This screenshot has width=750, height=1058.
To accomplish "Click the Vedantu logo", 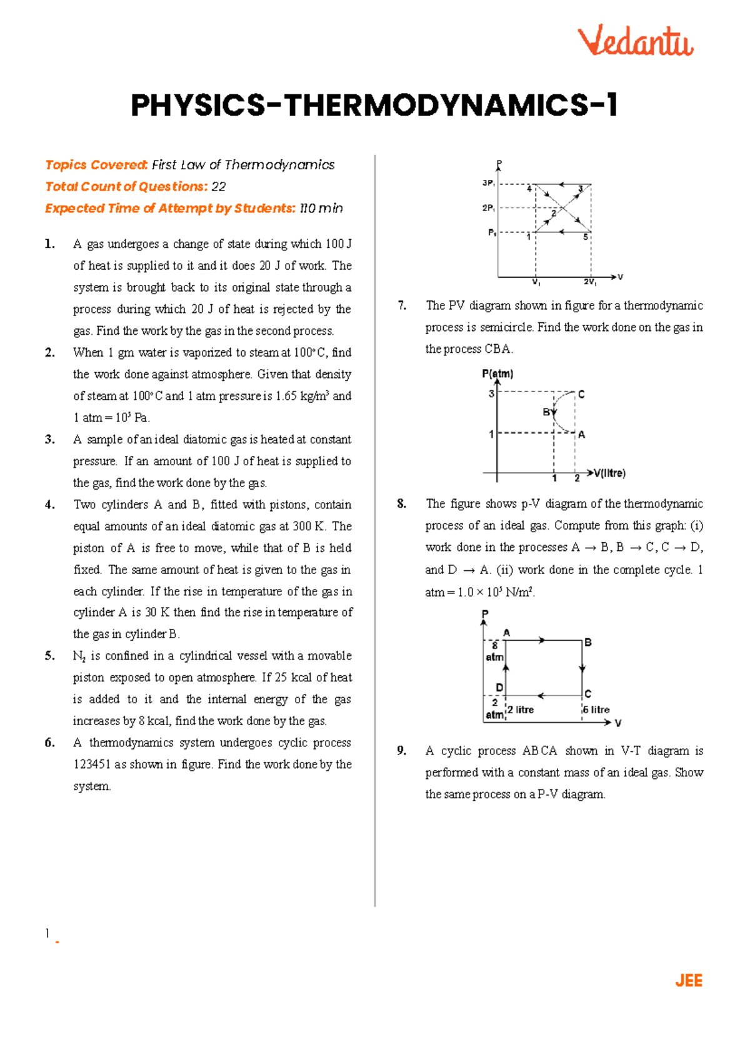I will [x=635, y=41].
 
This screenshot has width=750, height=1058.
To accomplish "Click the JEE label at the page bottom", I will [x=689, y=981].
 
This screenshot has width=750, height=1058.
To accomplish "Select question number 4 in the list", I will [x=50, y=505].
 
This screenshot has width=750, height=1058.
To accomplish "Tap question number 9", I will [x=401, y=751].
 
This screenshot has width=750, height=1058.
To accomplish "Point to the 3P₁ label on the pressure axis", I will [x=488, y=184].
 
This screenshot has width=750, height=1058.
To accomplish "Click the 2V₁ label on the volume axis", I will [x=590, y=282].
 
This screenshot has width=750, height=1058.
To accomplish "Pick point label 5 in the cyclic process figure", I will [x=586, y=237].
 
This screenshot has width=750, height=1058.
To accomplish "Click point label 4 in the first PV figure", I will [x=529, y=189].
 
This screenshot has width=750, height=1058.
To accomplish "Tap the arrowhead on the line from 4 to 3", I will [x=562, y=184].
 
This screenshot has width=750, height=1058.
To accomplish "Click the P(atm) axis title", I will [x=497, y=374].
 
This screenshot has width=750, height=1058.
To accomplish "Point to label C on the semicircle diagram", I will [x=581, y=395].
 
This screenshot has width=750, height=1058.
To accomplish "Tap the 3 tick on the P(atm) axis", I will [x=491, y=394].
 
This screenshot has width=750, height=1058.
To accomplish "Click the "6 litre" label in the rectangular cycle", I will [x=596, y=709].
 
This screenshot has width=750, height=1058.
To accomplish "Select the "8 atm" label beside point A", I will [x=494, y=651].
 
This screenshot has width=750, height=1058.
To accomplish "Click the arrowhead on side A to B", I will [x=542, y=640].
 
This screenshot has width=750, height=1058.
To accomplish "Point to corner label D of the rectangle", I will [x=499, y=687].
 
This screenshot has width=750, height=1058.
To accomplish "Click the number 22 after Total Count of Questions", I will [x=218, y=187].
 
